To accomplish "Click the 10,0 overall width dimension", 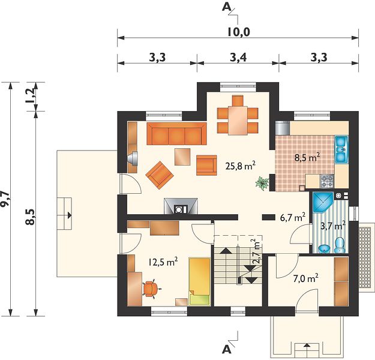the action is click(x=238, y=32).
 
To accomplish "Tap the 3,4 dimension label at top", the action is click(x=238, y=58).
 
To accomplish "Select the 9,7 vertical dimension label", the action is click(x=5, y=199).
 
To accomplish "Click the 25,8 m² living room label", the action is click(x=240, y=165).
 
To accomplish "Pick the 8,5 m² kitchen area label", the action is click(x=307, y=158).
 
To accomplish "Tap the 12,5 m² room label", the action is click(x=163, y=262).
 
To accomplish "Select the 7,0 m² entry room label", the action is click(x=305, y=278).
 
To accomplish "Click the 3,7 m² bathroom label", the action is click(x=333, y=226).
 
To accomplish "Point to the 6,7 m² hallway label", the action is click(x=292, y=217).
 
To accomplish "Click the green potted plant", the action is click(x=262, y=183).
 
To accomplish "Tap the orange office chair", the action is click(x=151, y=289).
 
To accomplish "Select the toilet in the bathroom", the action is click(x=340, y=245).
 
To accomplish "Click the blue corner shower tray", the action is click(x=323, y=202).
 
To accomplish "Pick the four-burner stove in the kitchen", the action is click(x=327, y=181).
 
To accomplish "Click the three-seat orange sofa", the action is click(x=176, y=134).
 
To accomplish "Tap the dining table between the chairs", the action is click(x=238, y=121).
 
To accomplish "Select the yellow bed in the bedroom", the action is click(x=200, y=281).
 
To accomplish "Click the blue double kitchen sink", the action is click(x=341, y=150).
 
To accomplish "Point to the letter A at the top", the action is click(x=226, y=7).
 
